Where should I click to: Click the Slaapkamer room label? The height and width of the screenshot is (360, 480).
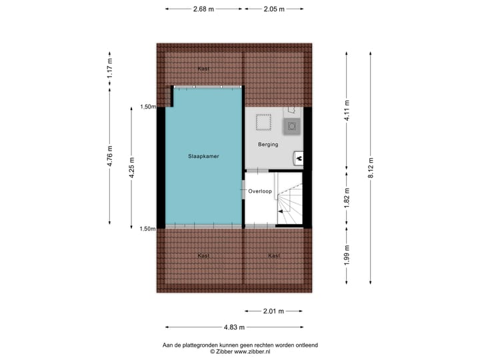(x=203, y=156)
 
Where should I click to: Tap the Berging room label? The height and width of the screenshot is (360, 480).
(x=268, y=144)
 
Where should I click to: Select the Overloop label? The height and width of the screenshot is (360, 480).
(x=259, y=191)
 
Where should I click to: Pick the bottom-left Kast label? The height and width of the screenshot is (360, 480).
(x=203, y=255)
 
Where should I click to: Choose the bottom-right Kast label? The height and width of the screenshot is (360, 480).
(x=273, y=255)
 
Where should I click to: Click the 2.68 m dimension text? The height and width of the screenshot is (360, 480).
(x=203, y=9)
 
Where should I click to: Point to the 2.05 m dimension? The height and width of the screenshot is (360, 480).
(x=273, y=9)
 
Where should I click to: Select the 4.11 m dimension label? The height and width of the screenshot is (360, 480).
(x=347, y=109)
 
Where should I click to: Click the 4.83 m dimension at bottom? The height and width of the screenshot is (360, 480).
(x=233, y=327)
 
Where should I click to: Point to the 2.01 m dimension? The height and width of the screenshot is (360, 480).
(x=273, y=311)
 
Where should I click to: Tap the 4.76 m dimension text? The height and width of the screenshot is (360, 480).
(x=110, y=158)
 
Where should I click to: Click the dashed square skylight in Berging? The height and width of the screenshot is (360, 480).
(x=265, y=123)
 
